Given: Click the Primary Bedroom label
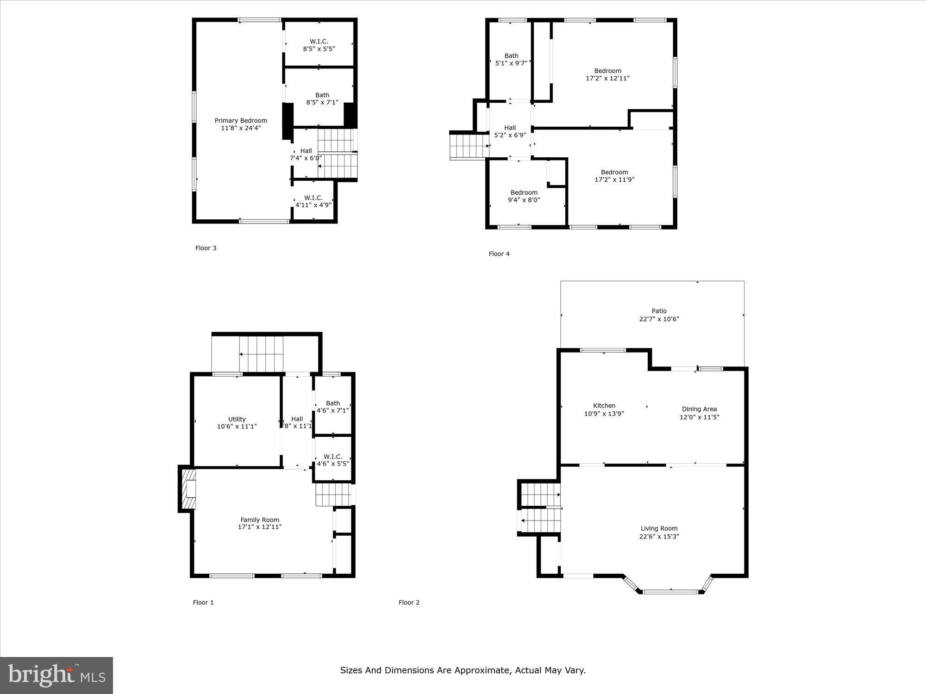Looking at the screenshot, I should tap(241, 121).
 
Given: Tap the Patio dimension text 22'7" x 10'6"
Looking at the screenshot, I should tap(659, 319).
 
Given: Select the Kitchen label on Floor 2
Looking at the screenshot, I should tap(604, 406).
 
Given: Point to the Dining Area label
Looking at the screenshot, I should tap(699, 409).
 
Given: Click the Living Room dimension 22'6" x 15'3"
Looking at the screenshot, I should tap(659, 537).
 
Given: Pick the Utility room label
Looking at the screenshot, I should tap(237, 419).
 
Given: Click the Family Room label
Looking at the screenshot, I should tap(260, 520).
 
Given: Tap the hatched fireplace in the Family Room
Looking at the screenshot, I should tap(188, 489).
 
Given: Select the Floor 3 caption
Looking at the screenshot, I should tap(206, 248).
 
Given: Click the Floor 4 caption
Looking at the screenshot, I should tap(499, 254).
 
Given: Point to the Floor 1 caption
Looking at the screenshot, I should tap(203, 602).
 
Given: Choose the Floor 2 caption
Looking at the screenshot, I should tap(409, 602).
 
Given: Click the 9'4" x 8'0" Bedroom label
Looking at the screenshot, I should tap(524, 196).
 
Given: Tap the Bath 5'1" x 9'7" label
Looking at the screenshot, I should tap(511, 59).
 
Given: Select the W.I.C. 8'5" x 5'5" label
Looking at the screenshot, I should tap(319, 45).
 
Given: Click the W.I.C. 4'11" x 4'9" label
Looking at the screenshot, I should tap(313, 201).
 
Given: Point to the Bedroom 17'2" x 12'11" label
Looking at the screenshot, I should tap(607, 74).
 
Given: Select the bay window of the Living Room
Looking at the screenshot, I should tap(670, 591).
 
